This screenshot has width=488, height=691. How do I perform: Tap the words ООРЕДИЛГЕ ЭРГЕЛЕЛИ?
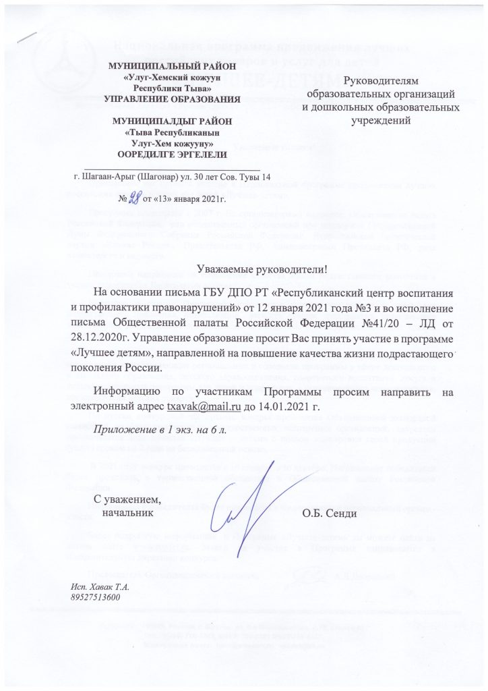tap(169, 154)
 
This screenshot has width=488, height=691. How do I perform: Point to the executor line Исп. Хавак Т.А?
tap(99, 586)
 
